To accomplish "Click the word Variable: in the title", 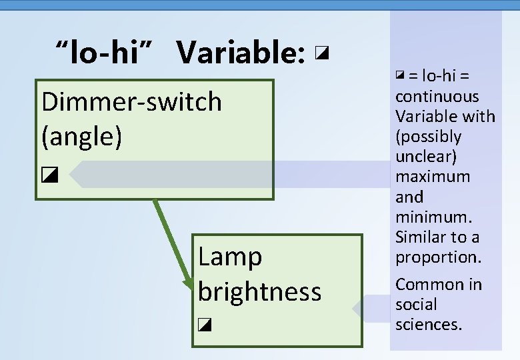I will (x=241, y=53).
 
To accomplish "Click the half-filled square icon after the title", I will (x=323, y=53).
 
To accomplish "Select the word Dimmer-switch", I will (x=131, y=102).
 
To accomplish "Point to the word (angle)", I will (x=81, y=137).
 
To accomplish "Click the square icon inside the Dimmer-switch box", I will (x=49, y=176).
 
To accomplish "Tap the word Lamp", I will (x=230, y=257).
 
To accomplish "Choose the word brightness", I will (x=259, y=292).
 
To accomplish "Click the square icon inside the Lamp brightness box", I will (x=205, y=325).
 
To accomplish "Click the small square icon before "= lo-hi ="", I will (x=400, y=75).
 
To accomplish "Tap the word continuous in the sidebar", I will (x=437, y=96).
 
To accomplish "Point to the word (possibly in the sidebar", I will (x=428, y=137).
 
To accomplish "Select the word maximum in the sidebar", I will (x=433, y=177).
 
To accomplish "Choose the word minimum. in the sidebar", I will (x=433, y=217).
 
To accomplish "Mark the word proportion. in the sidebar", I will (x=437, y=257).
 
